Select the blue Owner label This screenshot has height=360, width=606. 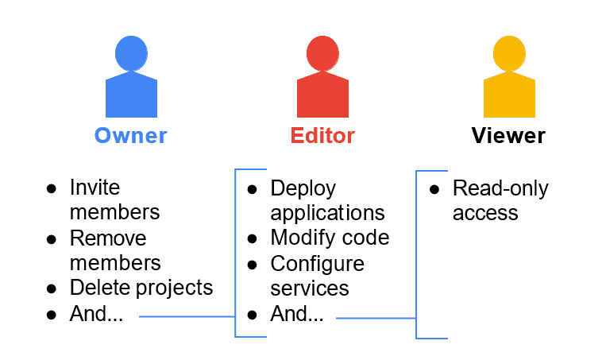(x=131, y=135)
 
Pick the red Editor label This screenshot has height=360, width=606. (x=322, y=135)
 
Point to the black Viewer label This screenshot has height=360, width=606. (x=508, y=135)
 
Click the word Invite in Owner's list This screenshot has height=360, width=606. (x=95, y=188)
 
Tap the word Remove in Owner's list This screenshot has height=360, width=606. (x=108, y=238)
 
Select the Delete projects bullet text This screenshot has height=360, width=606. (x=141, y=287)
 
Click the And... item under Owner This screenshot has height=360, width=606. (x=96, y=313)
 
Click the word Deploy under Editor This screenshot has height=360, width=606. (x=303, y=188)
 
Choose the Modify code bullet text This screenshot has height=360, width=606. (x=330, y=238)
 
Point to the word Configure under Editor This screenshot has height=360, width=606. (x=317, y=263)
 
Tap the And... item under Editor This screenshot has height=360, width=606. (x=297, y=314)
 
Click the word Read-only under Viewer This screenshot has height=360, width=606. (x=500, y=188)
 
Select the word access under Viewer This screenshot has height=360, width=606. (x=485, y=213)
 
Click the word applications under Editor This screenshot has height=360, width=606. (x=327, y=213)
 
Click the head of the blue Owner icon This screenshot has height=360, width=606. (x=131, y=53)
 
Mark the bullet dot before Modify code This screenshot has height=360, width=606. (x=252, y=238)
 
